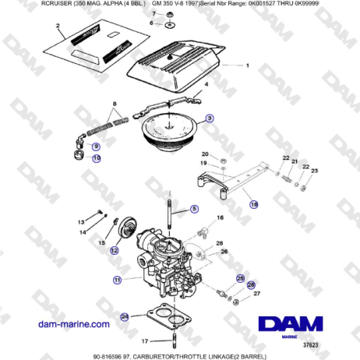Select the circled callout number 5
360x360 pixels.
(195, 210)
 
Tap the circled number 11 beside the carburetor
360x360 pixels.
(118, 279)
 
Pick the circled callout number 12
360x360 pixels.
(114, 251)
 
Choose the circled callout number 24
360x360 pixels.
(124, 316)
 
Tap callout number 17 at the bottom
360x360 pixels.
(145, 341)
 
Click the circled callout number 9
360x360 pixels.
(96, 146)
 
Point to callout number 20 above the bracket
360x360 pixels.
(205, 154)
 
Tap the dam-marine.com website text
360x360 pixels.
(76, 323)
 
